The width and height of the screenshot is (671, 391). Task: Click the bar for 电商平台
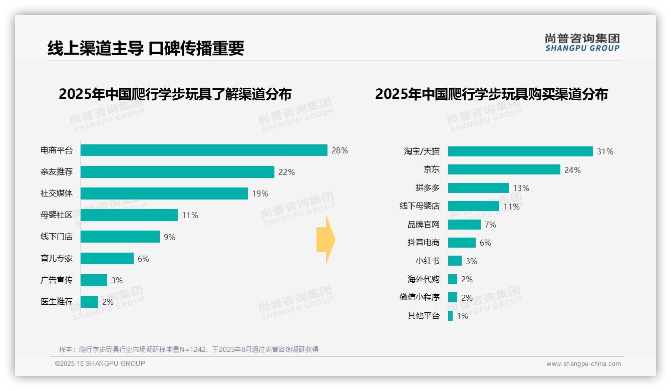(204, 150)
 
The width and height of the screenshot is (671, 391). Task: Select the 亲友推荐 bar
(177, 172)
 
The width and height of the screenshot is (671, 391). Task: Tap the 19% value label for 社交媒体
(260, 193)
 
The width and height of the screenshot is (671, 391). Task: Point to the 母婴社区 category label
(57, 215)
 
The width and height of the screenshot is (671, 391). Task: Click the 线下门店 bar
(120, 237)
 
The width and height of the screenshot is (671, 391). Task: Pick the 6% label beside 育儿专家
(143, 259)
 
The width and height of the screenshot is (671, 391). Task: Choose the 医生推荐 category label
(57, 302)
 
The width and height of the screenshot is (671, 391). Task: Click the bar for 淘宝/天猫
(520, 151)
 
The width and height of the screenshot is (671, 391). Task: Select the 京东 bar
(504, 170)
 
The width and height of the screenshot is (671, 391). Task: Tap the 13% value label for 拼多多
(521, 188)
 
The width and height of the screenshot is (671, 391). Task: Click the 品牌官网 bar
(464, 225)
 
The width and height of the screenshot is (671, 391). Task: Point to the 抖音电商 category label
(423, 243)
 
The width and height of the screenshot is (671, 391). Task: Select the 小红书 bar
(455, 261)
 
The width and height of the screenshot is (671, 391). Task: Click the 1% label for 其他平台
(462, 316)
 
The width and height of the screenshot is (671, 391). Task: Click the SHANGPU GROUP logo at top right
(582, 43)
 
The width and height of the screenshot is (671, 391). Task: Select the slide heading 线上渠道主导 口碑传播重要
(146, 48)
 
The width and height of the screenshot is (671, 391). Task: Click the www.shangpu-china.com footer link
(583, 364)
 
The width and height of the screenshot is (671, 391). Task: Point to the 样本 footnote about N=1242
(189, 349)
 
